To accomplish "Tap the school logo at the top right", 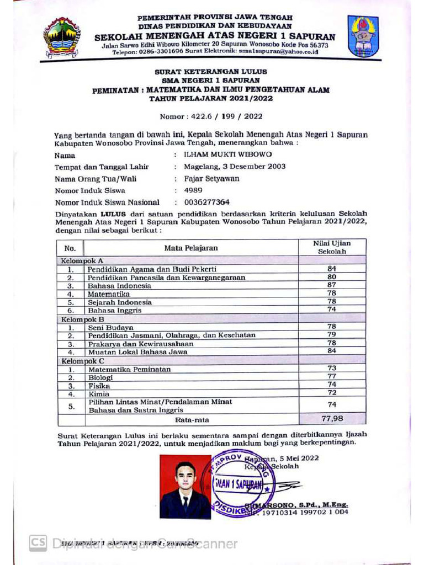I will (363, 36).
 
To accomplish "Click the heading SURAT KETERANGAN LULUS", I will (210, 72).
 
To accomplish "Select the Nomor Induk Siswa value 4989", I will (193, 190).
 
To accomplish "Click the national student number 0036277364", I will (207, 202).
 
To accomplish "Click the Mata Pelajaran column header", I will (191, 248).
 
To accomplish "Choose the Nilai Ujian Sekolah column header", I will (332, 247).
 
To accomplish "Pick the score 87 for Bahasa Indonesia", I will (332, 285).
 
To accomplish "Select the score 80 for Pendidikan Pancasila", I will (332, 277).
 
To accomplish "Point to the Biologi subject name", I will (100, 377).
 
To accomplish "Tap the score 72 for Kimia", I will (332, 393).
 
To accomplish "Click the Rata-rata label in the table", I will (192, 420).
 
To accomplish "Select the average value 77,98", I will (332, 419).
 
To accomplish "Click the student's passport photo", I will (185, 487).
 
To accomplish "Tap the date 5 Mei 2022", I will (299, 458).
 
